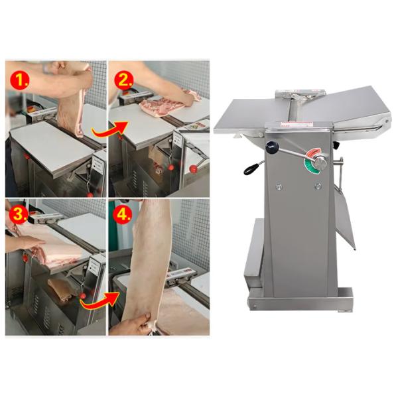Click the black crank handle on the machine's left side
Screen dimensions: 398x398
[x=251, y=170]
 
